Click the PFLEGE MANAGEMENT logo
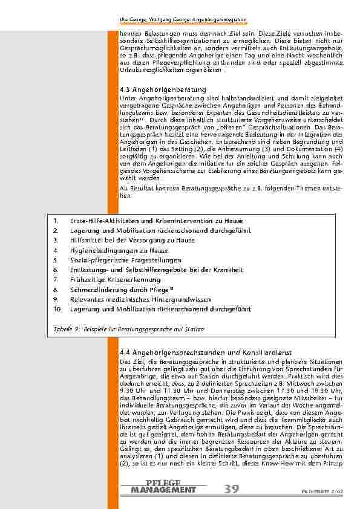pyautogui.click(x=163, y=486)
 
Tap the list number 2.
pyautogui.click(x=55, y=230)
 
